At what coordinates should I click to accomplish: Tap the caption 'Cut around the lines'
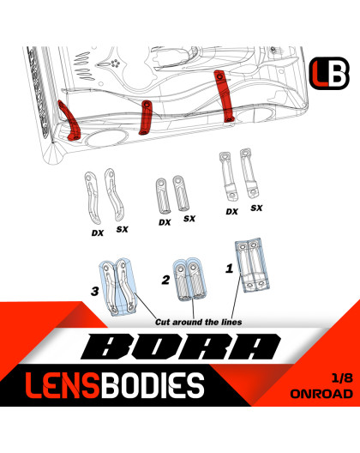[197, 321]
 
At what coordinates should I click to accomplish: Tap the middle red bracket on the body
[146, 117]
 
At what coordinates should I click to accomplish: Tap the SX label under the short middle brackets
[189, 219]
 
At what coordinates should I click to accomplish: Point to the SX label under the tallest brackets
[256, 208]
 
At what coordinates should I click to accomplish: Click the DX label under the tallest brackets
[231, 211]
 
